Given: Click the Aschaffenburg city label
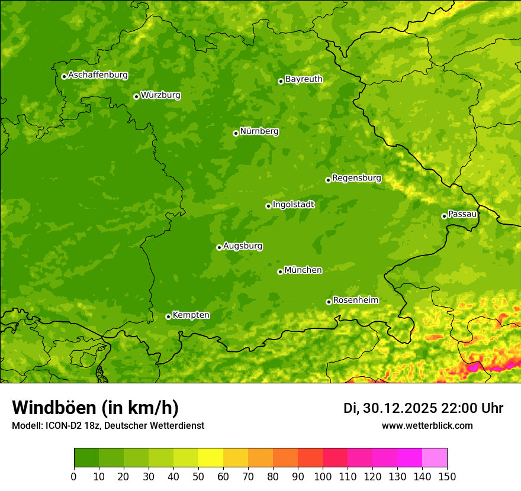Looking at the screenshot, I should (x=98, y=75).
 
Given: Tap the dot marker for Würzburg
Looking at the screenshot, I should (x=136, y=96).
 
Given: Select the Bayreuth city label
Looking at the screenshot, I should (x=304, y=79).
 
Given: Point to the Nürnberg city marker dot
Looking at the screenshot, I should (x=236, y=133).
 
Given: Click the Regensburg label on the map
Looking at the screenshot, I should (x=356, y=177).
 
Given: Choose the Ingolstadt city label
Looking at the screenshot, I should (x=293, y=205).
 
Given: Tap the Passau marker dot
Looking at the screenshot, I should (x=444, y=216).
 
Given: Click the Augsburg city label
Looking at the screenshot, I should (x=243, y=246).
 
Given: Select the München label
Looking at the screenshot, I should (x=303, y=270).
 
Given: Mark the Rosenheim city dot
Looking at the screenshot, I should (x=329, y=302).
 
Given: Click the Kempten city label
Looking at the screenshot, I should (x=191, y=315).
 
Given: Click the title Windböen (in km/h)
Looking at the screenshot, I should (x=95, y=408).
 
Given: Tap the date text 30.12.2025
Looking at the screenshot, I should (x=399, y=408).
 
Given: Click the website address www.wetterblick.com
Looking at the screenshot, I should (x=427, y=426).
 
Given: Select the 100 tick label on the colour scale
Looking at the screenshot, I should (x=323, y=477).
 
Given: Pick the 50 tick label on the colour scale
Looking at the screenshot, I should (x=198, y=477).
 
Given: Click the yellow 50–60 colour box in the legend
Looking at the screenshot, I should (x=211, y=458).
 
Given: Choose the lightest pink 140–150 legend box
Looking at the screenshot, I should (x=435, y=458).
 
